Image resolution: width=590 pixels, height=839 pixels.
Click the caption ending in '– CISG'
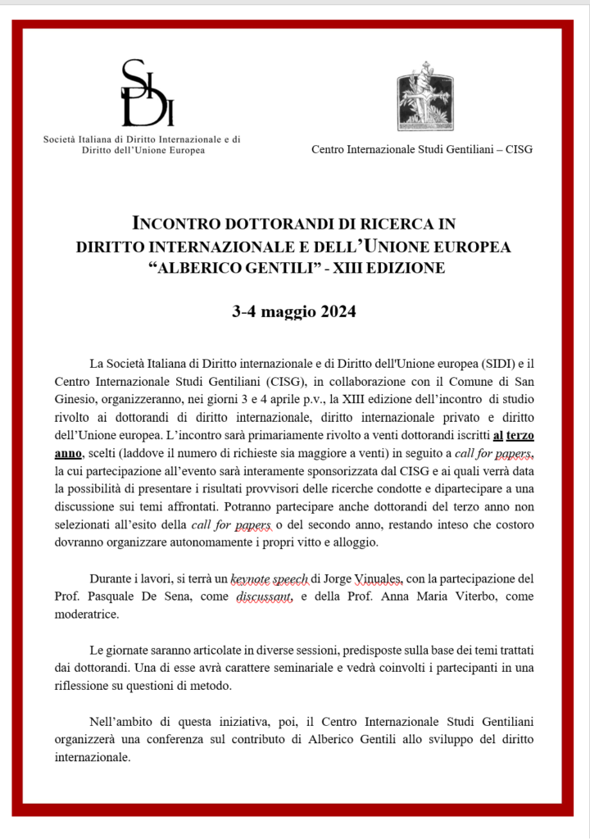pos(422,148)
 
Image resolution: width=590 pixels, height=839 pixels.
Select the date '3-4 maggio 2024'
pos(294,312)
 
